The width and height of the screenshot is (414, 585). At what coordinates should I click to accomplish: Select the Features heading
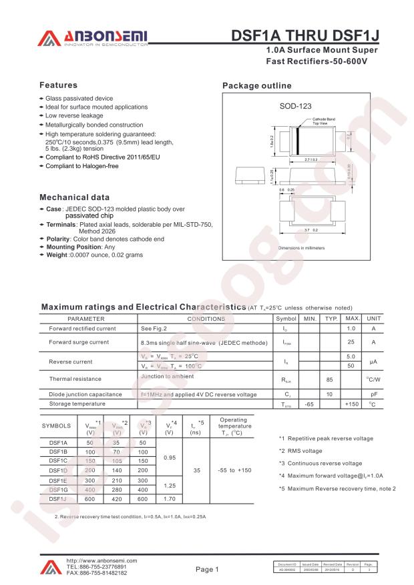58,85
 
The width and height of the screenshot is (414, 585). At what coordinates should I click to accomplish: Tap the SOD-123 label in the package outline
295,106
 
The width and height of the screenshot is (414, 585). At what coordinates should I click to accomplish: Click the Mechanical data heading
74,198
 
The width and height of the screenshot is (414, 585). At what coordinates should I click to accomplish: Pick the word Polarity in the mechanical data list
59,239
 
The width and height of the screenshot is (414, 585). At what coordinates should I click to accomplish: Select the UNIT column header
374,319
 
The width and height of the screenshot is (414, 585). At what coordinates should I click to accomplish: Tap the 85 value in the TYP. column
329,379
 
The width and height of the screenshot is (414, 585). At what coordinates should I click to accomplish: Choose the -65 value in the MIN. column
308,404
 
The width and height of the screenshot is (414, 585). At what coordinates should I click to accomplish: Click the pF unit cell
374,394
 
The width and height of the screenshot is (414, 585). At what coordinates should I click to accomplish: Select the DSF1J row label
58,498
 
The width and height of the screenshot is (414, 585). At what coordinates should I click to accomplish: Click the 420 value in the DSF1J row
116,498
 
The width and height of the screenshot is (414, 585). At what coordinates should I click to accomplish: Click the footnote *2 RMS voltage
300,451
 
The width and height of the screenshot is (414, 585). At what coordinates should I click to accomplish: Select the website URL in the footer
101,561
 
